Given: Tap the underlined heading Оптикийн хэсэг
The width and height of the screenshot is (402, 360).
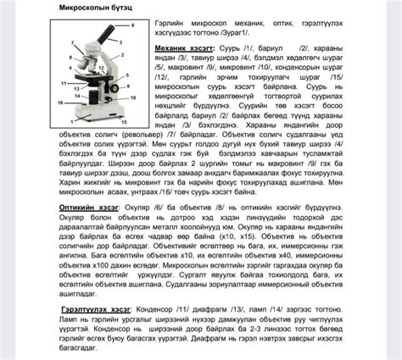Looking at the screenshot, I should [x=85, y=206].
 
